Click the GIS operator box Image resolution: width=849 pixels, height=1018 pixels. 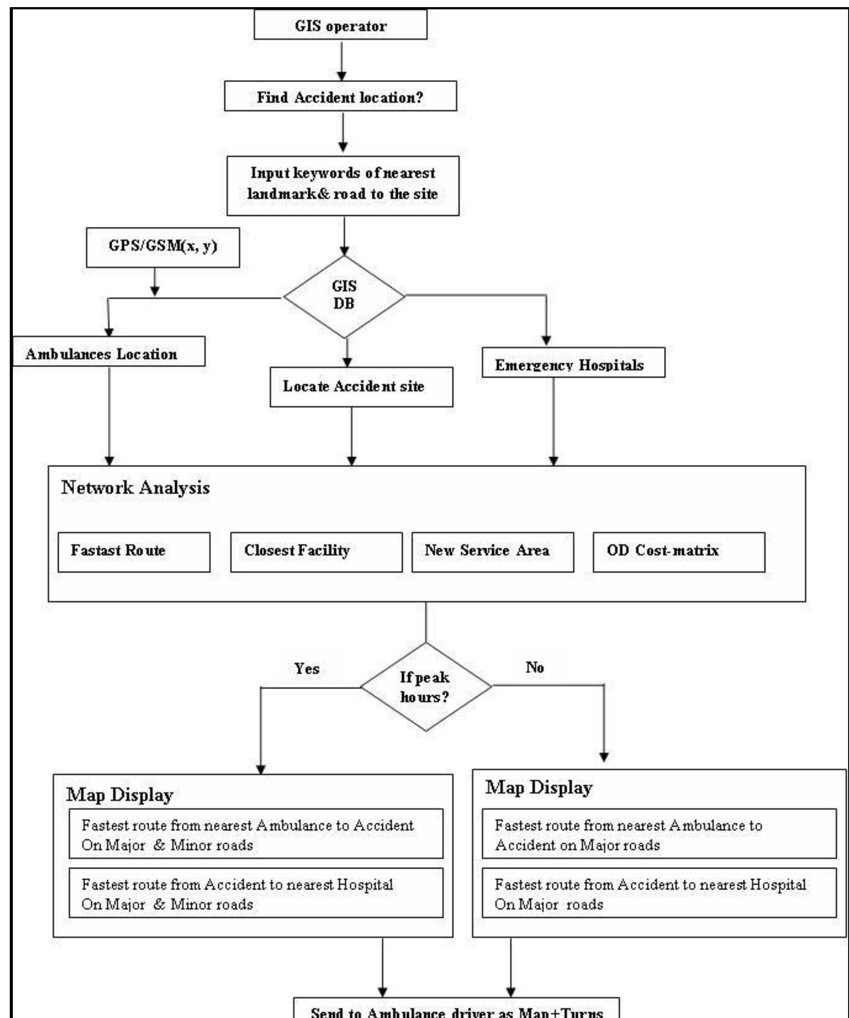tap(340, 26)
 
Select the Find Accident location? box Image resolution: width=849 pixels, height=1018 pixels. tap(340, 97)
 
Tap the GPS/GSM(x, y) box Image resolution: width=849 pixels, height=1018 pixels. tap(163, 247)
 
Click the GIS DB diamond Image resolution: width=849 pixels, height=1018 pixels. tap(344, 296)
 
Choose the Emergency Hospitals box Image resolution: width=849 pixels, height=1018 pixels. tap(573, 364)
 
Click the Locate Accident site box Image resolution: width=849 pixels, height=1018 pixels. tap(361, 387)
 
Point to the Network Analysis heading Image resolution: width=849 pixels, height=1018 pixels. tap(136, 487)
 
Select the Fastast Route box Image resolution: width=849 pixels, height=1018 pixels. tap(134, 552)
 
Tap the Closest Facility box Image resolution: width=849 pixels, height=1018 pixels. tap(316, 552)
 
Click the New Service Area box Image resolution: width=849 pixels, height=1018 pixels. tap(492, 552)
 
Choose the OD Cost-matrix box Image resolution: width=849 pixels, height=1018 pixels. tap(679, 552)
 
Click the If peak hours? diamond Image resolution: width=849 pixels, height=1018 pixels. tap(426, 686)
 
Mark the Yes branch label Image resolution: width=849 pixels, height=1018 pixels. tap(307, 669)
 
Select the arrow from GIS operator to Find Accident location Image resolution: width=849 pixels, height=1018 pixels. tap(342, 60)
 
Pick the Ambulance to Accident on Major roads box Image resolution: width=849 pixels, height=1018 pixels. tap(659, 835)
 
